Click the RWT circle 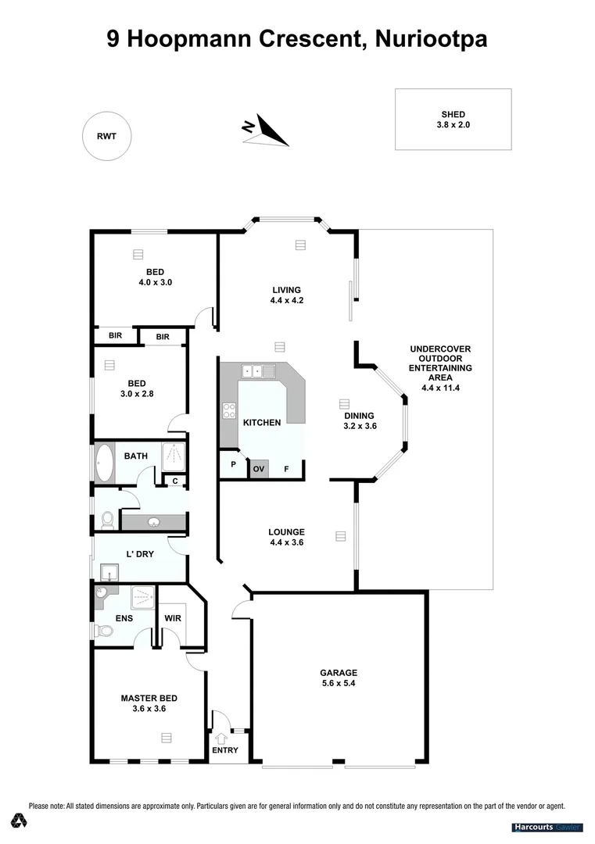106,136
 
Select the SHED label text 453,114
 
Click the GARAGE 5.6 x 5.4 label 339,677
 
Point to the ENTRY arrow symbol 220,737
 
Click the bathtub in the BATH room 104,463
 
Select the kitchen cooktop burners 229,411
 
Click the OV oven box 259,469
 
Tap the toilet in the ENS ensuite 99,630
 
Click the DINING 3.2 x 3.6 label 360,420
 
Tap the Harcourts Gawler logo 547,827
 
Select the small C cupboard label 175,481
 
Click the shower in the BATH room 174,456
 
